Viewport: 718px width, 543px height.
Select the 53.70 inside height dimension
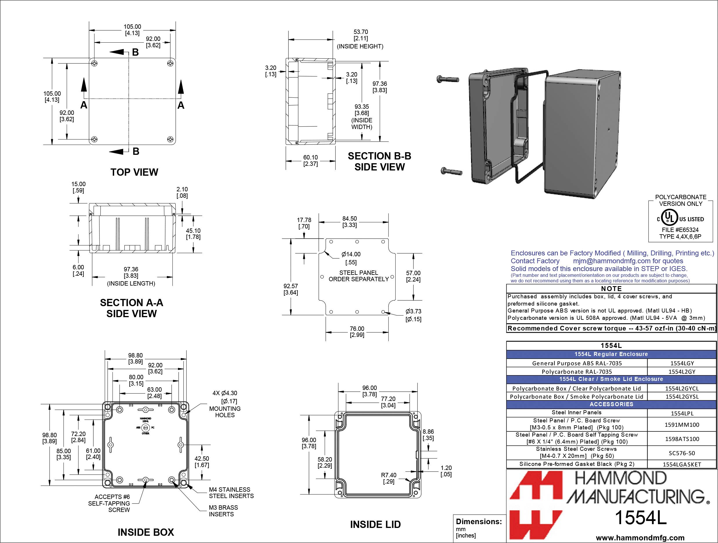(x=360, y=35)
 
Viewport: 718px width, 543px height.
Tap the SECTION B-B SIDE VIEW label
(x=379, y=161)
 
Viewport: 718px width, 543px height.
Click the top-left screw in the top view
(x=94, y=63)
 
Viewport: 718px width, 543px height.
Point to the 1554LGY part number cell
(x=682, y=364)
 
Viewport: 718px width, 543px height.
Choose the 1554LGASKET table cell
(x=682, y=464)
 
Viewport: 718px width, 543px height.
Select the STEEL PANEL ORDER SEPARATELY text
(x=358, y=276)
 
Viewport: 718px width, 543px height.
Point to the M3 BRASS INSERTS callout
(x=223, y=511)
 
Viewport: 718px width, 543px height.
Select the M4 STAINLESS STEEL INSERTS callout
(x=231, y=493)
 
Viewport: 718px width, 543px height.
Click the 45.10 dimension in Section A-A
(x=193, y=234)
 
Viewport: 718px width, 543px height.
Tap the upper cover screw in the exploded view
(x=448, y=79)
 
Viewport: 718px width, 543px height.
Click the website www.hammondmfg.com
(x=640, y=538)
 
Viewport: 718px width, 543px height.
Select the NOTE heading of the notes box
(x=611, y=288)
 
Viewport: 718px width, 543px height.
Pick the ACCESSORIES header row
(x=611, y=404)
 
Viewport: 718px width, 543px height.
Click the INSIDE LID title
(x=375, y=524)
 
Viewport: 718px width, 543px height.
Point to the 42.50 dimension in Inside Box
(x=201, y=462)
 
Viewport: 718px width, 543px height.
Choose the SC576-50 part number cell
(x=682, y=453)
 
